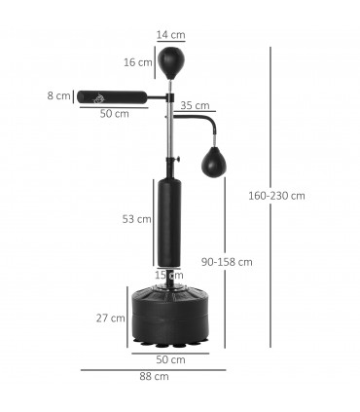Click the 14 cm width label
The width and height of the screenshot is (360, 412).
[171, 35]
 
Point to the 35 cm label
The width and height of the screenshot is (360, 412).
[195, 105]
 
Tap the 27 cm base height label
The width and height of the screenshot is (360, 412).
[110, 318]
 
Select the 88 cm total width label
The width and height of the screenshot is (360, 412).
[153, 377]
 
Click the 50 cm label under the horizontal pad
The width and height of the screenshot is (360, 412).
[114, 114]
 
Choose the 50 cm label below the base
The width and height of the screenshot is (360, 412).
[171, 359]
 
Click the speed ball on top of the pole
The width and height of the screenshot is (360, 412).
[171, 63]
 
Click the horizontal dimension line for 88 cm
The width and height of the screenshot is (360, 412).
[153, 369]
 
